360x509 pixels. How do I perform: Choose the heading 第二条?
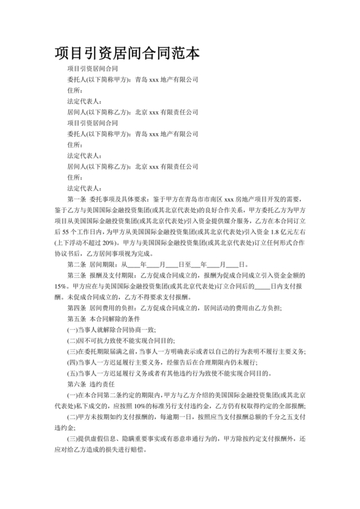pyautogui.click(x=78, y=263)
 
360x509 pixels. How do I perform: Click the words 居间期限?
pyautogui.click(x=105, y=263)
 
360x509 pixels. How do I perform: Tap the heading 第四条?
pyautogui.click(x=78, y=307)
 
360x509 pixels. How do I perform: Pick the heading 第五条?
pyautogui.click(x=78, y=318)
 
